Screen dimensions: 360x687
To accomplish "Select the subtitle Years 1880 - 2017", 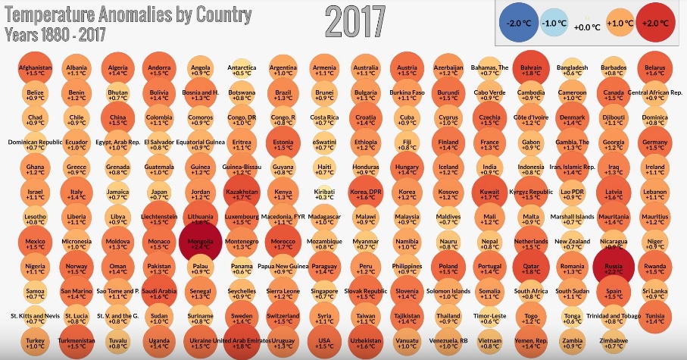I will click(x=55, y=34).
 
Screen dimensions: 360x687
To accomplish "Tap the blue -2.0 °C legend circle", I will click(x=519, y=23).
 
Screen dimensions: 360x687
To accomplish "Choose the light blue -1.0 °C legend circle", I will click(x=555, y=23).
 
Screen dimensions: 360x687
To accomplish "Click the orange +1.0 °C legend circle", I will click(x=620, y=23).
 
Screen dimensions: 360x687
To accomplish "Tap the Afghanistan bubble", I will click(x=35, y=69).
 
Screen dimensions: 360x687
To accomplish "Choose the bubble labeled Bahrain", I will click(x=529, y=69).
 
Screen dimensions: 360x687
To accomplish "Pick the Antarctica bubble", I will click(x=241, y=69).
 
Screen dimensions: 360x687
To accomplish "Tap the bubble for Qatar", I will click(x=529, y=271).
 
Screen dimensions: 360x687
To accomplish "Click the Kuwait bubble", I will click(x=488, y=196).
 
